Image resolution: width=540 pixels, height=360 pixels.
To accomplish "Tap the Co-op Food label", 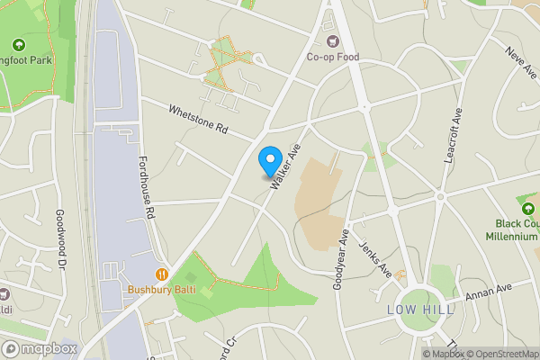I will (x=333, y=58).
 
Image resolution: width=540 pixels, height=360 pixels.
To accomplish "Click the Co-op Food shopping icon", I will (x=334, y=41).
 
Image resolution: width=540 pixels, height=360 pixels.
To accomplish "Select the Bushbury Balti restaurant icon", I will (x=162, y=274).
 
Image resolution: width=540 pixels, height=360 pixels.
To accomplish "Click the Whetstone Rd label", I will (x=198, y=119).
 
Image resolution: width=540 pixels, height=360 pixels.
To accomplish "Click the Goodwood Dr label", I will (x=61, y=238).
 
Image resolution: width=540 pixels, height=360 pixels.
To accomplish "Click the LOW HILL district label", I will (x=420, y=310).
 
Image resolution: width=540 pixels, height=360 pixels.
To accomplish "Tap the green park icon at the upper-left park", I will (x=19, y=44).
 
